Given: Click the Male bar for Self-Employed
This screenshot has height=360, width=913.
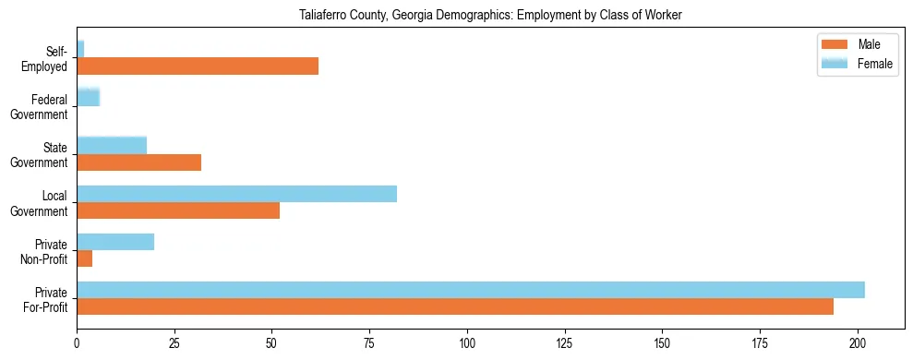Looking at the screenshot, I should coord(198,66).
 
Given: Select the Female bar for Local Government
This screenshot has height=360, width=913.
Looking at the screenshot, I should coord(236,194).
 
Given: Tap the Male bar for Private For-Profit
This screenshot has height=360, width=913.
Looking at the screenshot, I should coord(455,306).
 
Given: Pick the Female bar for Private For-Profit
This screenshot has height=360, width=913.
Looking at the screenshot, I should coord(471,290).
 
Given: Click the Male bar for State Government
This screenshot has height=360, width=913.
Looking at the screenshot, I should coord(138,162).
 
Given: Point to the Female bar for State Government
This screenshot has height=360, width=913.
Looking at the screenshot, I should coord(112,146).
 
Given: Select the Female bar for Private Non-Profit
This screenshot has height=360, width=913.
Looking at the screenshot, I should coord(115,242).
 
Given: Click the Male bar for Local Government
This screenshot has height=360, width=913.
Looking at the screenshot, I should coord(178,210).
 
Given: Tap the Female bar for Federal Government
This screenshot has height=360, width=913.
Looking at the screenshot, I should coord(88,97).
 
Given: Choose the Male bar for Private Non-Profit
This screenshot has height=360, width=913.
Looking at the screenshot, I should coord(84,258).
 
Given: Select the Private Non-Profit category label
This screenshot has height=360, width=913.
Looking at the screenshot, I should coord(44,251).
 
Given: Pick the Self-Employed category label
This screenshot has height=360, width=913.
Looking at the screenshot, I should coord(45,59).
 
